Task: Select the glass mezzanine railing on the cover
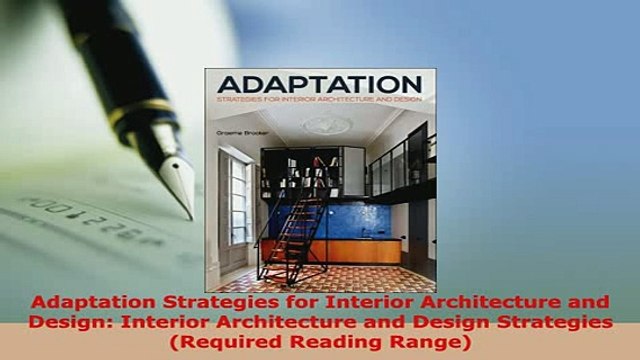[x=400, y=160]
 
